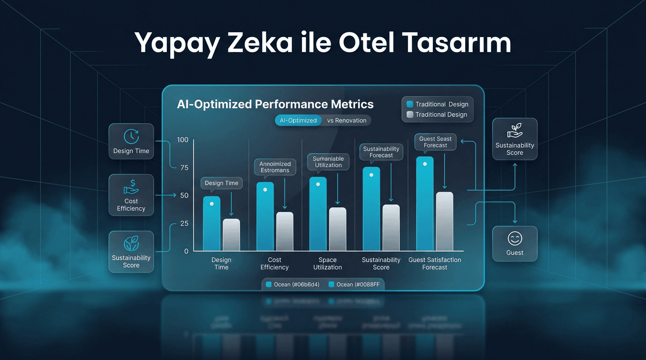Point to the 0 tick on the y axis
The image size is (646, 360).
(x=186, y=251)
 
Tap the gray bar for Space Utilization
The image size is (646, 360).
(x=337, y=229)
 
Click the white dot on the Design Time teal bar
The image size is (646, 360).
(x=212, y=204)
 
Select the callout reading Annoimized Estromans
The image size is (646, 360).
(x=275, y=167)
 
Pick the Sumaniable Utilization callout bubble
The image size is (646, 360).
(x=328, y=161)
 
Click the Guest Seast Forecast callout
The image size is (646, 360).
(x=436, y=142)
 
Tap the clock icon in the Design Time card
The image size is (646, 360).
(x=131, y=136)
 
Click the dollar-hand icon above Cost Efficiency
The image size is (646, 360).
(x=131, y=188)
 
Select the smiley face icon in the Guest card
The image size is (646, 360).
(x=515, y=238)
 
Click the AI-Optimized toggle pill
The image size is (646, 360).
(x=298, y=121)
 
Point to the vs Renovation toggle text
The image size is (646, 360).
(x=347, y=121)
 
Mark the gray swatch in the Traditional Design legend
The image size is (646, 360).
(x=410, y=115)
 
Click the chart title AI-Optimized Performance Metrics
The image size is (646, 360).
(x=275, y=104)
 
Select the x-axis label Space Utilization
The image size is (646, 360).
(x=327, y=264)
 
